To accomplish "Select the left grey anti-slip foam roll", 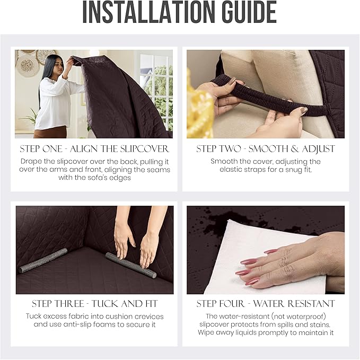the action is click(43, 260).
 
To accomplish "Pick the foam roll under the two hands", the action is click(131, 265).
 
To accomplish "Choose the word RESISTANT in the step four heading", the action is click(311, 304).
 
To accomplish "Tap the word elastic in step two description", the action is click(232, 170).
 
